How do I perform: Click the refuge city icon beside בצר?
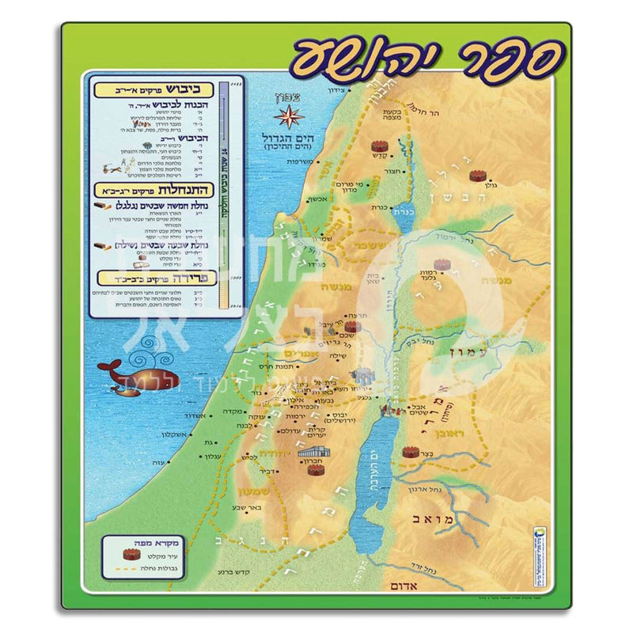point(410,453)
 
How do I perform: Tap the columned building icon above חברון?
point(310,452)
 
